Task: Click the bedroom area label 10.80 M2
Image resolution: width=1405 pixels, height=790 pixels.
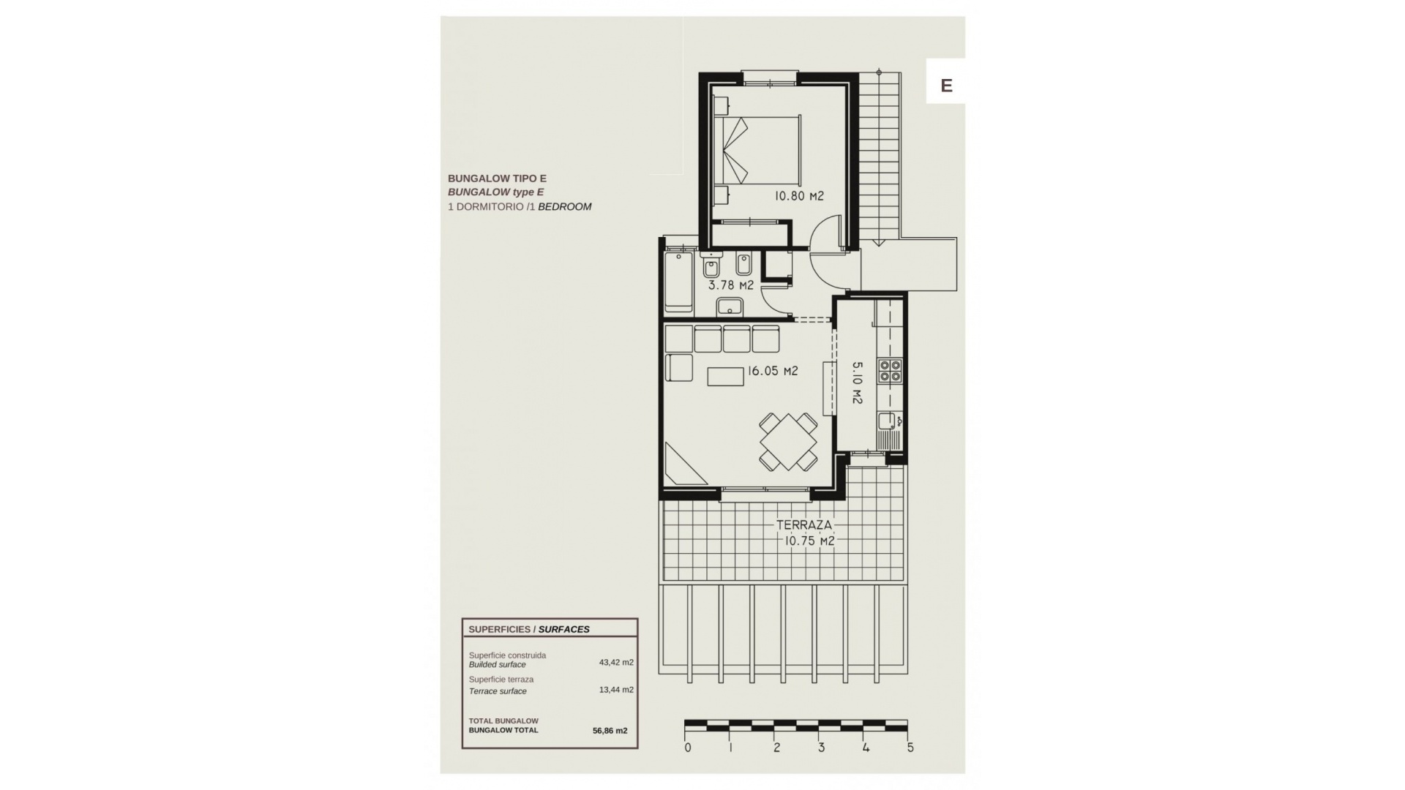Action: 800,196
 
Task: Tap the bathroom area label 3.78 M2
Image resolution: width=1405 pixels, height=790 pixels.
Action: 730,285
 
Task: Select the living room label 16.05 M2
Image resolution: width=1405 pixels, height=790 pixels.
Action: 772,371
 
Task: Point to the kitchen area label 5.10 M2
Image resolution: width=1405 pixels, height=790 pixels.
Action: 858,383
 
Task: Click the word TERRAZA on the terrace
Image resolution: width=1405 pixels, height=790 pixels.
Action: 804,525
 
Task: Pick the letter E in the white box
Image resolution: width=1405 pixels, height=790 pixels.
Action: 946,86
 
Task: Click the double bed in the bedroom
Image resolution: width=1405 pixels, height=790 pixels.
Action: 757,150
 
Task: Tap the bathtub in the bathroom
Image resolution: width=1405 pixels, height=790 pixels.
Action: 678,281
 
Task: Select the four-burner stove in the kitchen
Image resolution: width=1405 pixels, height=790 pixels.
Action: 891,371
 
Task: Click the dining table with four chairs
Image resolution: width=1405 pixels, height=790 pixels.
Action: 788,442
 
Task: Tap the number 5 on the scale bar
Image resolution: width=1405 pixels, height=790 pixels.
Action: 910,748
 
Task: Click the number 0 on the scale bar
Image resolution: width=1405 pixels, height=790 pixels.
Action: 688,748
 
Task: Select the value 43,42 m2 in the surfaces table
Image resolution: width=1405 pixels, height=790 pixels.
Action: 616,663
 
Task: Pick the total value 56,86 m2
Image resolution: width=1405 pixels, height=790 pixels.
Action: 610,730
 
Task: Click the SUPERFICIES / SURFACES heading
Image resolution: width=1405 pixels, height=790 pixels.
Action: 529,629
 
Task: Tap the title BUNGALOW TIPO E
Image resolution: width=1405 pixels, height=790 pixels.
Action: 497,178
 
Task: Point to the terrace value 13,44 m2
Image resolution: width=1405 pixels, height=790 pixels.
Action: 616,690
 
